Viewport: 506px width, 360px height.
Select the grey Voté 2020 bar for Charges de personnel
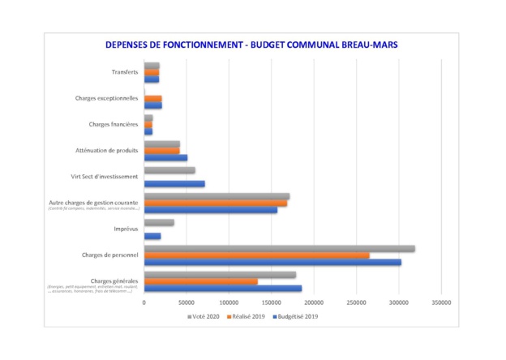tap(279, 249)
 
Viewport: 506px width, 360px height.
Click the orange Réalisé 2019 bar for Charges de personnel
tap(256, 255)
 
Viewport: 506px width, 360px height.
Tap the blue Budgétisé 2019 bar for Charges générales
tap(222, 289)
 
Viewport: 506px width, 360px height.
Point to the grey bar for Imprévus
tap(159, 222)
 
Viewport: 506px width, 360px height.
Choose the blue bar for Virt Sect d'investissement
tap(174, 183)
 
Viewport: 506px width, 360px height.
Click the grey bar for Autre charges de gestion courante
tap(217, 196)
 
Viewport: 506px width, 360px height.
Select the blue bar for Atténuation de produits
tap(165, 157)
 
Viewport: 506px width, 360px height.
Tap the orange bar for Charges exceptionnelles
tap(152, 99)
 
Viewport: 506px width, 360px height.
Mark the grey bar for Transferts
tap(152, 66)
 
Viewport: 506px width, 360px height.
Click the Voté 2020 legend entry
tap(206, 316)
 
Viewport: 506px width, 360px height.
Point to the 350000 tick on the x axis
tap(440, 302)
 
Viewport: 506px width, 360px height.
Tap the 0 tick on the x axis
tap(144, 302)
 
